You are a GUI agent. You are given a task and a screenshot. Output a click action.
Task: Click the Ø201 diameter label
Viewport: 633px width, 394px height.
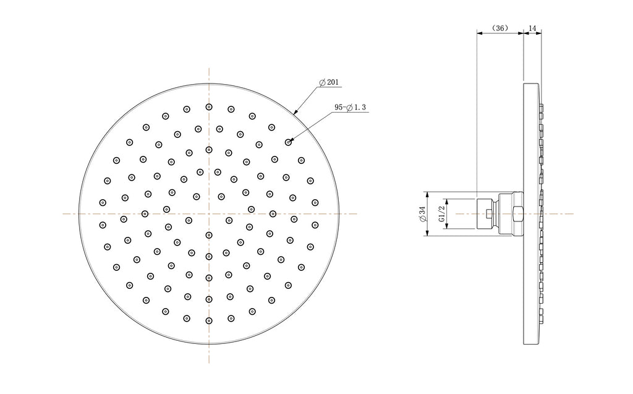pyautogui.click(x=329, y=82)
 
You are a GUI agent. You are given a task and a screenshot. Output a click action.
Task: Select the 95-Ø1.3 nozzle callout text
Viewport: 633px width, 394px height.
pyautogui.click(x=350, y=107)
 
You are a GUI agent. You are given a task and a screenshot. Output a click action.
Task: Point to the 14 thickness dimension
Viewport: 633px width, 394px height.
pyautogui.click(x=532, y=28)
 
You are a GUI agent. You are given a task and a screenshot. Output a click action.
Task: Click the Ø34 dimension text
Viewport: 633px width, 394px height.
pyautogui.click(x=422, y=214)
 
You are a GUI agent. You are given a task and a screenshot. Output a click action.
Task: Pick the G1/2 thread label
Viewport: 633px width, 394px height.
pyautogui.click(x=441, y=213)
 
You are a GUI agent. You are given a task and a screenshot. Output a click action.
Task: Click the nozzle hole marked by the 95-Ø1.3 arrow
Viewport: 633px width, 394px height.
pyautogui.click(x=288, y=142)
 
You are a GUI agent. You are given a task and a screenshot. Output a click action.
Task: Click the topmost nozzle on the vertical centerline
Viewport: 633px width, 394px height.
pyautogui.click(x=209, y=106)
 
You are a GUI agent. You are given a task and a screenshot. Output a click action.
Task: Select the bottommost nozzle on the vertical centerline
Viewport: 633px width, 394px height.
pyautogui.click(x=209, y=320)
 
